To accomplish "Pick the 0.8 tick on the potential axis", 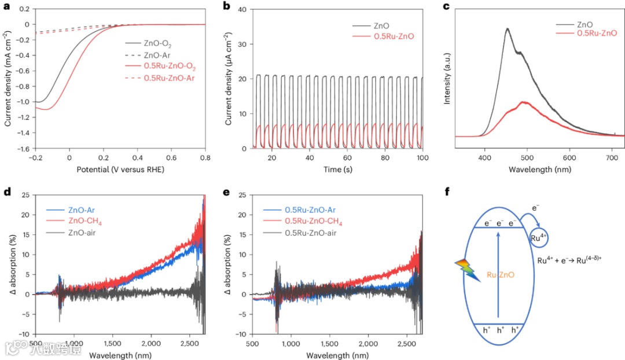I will coord(205,157).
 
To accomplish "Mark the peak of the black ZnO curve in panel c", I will coord(507,28).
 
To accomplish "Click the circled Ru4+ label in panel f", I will coord(537,237).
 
